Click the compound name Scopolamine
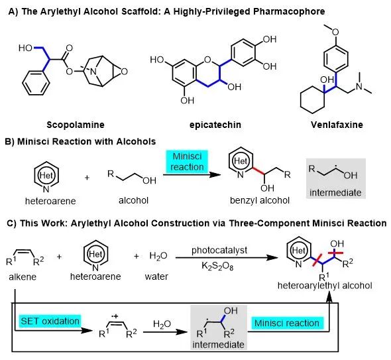pyautogui.click(x=76, y=125)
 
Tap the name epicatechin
pyautogui.click(x=215, y=125)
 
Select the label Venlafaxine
pyautogui.click(x=337, y=125)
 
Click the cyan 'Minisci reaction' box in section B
pyautogui.click(x=187, y=162)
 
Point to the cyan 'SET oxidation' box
pyautogui.click(x=50, y=321)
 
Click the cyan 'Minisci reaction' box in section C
pyautogui.click(x=287, y=323)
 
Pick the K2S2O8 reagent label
pyautogui.click(x=217, y=267)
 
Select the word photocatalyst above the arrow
pyautogui.click(x=219, y=250)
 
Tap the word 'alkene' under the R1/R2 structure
pyautogui.click(x=23, y=276)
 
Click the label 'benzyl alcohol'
pyautogui.click(x=260, y=200)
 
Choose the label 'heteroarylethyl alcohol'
pyautogui.click(x=325, y=286)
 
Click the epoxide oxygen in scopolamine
pyautogui.click(x=124, y=72)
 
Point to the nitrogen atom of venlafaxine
pyautogui.click(x=359, y=86)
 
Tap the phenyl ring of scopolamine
pyautogui.click(x=35, y=83)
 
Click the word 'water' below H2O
pyautogui.click(x=156, y=276)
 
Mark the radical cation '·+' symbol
pyautogui.click(x=115, y=316)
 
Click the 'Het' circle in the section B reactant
pyautogui.click(x=46, y=176)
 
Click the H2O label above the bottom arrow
pyautogui.click(x=162, y=324)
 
